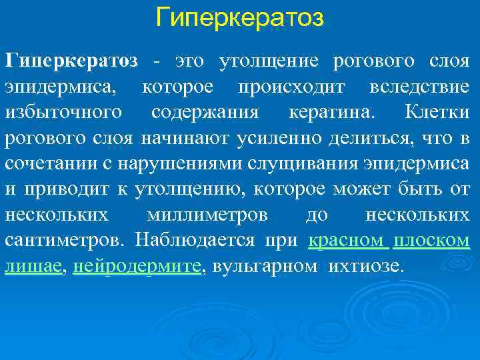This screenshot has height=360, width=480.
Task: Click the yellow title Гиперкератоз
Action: (239, 18)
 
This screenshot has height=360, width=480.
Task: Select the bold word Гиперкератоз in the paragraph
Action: (71, 61)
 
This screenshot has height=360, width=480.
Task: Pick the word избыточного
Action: (63, 113)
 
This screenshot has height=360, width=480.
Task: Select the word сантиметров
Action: (64, 241)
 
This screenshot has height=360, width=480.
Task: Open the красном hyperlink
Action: (345, 241)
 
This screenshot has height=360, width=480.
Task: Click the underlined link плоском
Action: (431, 241)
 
